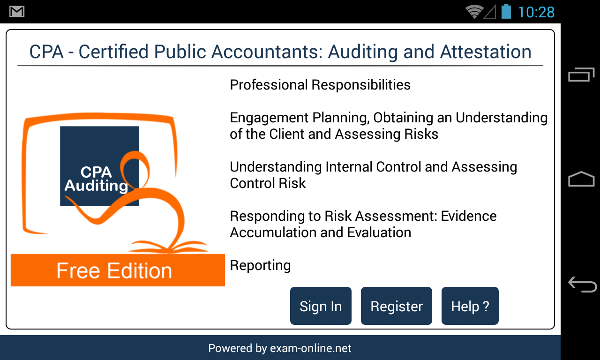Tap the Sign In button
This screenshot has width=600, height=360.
click(321, 306)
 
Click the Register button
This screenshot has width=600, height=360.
click(397, 306)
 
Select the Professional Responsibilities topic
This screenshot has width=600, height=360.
click(320, 85)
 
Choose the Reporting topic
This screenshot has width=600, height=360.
click(260, 266)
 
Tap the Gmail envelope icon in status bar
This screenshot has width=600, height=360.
click(17, 12)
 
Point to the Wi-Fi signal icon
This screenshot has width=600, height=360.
click(474, 12)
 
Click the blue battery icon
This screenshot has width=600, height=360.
click(506, 12)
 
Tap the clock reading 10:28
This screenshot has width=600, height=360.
click(536, 12)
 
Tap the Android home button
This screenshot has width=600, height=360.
click(581, 179)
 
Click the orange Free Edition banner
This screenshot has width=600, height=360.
click(118, 270)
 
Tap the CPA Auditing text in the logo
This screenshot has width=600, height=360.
click(96, 179)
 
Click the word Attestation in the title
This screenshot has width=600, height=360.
click(486, 52)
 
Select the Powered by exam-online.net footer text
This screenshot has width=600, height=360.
click(280, 348)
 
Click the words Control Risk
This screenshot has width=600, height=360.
click(268, 183)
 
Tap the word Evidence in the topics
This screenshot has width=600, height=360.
click(469, 216)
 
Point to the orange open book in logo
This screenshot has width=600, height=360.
click(168, 247)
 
